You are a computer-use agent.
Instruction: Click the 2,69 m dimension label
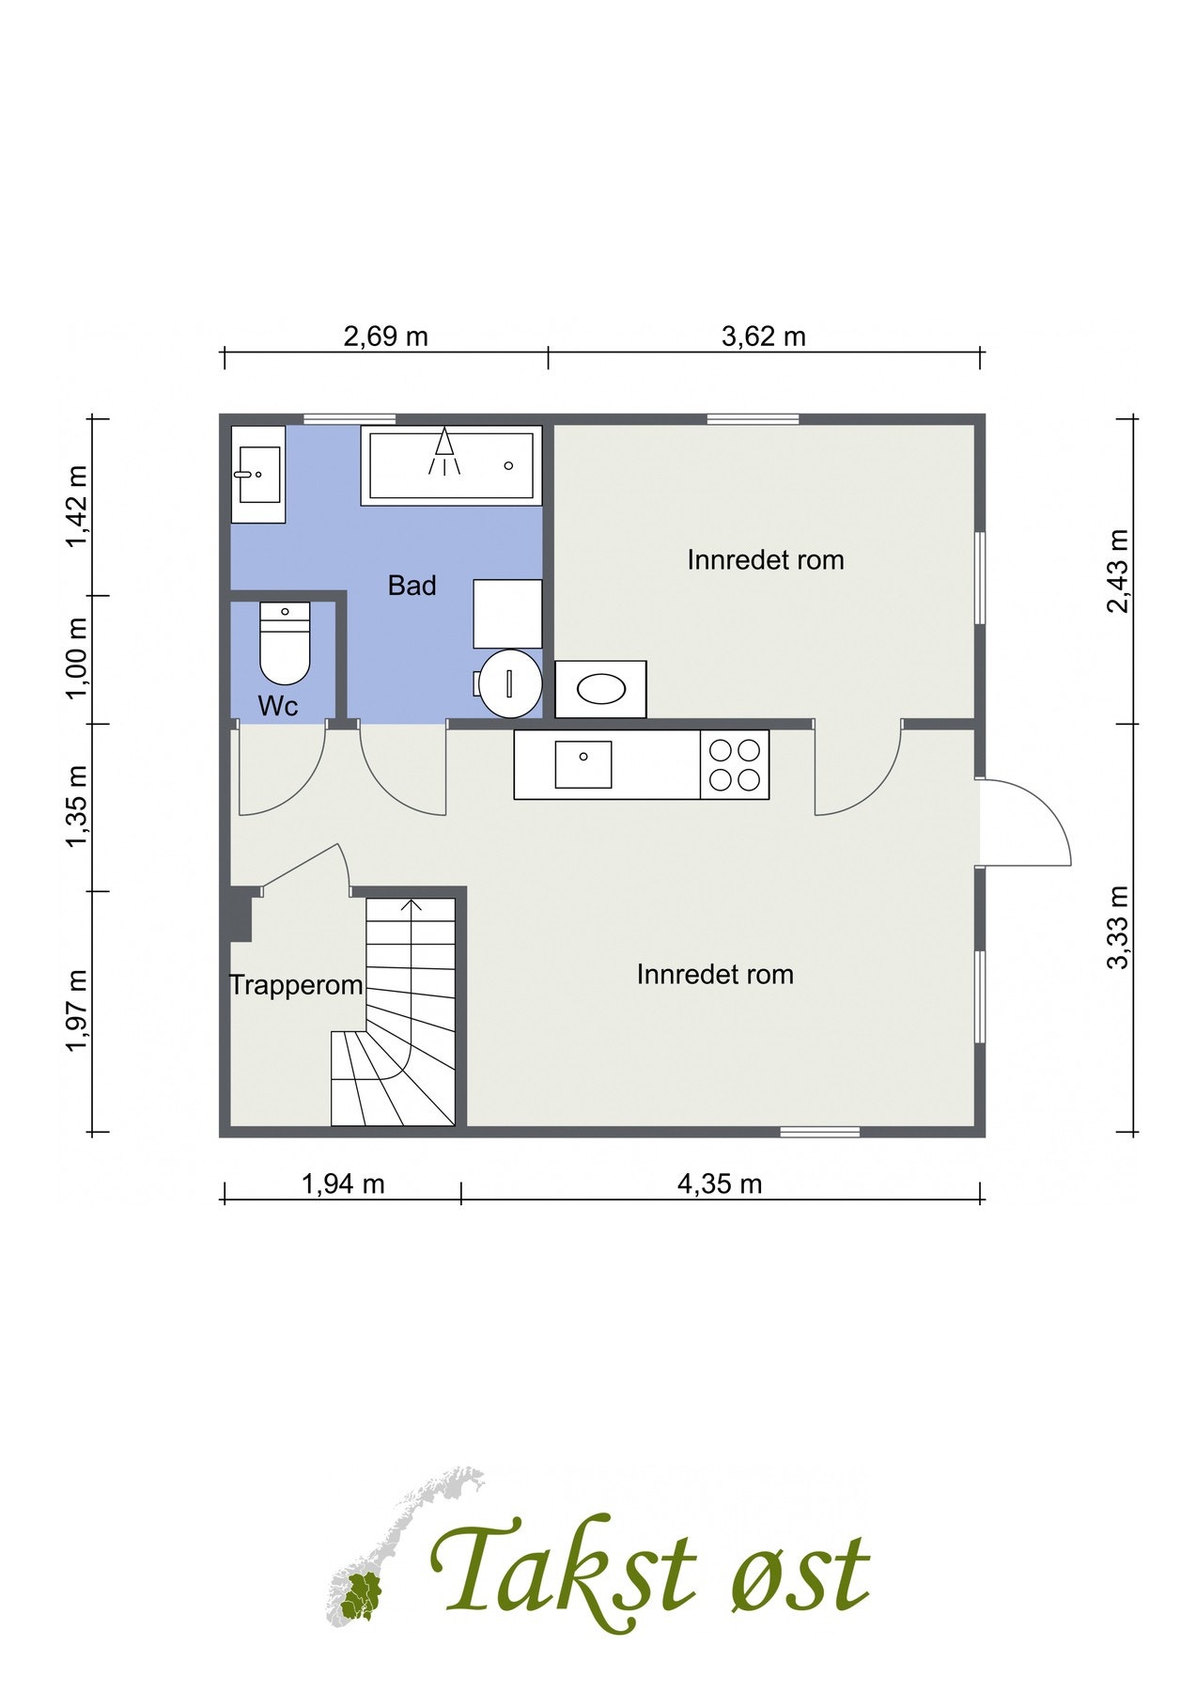tap(385, 337)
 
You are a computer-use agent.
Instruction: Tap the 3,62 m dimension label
tap(764, 337)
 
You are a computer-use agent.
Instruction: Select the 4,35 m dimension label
tap(720, 1183)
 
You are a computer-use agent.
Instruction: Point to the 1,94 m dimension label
tap(343, 1183)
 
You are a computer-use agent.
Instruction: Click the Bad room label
tap(412, 586)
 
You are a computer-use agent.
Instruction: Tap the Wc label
tap(278, 707)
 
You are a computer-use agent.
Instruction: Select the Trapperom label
tap(297, 985)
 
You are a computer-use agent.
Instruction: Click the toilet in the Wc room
tap(285, 644)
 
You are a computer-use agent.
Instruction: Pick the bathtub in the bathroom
tap(452, 465)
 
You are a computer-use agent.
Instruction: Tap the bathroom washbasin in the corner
tap(258, 474)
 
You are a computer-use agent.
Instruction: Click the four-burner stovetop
tap(735, 765)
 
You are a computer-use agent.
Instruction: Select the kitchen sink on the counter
tap(583, 764)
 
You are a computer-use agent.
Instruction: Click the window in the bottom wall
tap(820, 1132)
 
